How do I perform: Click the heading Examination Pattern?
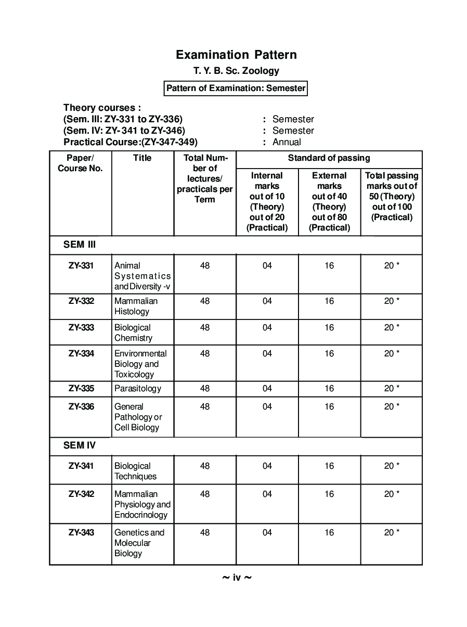[x=236, y=55]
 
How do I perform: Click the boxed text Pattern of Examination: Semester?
[x=236, y=88]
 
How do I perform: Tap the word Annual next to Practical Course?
[x=287, y=142]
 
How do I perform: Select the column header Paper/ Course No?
[x=81, y=163]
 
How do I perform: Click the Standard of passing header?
[x=329, y=158]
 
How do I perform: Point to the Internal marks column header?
[x=267, y=201]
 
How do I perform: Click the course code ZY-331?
[x=81, y=265]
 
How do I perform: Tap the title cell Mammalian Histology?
[x=136, y=306]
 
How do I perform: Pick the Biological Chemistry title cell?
[x=133, y=332]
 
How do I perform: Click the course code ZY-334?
[x=81, y=353]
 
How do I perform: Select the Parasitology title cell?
[x=138, y=388]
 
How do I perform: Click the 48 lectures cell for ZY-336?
[x=205, y=406]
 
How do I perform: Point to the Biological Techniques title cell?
[x=135, y=471]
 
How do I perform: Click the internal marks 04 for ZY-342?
[x=267, y=494]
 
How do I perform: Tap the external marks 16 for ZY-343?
[x=329, y=532]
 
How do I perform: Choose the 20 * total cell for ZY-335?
[x=392, y=388]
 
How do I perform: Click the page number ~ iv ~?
[x=237, y=577]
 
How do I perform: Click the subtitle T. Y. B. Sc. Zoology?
[x=236, y=71]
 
